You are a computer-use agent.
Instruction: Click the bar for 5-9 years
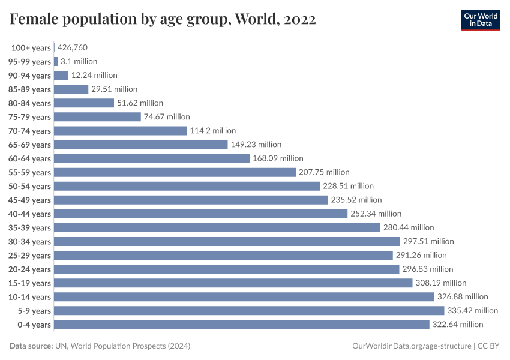[x=249, y=310]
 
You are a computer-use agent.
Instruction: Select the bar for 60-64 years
[x=152, y=158]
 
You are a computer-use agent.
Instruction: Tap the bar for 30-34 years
[x=227, y=241]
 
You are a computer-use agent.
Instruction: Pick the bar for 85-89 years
[x=71, y=89]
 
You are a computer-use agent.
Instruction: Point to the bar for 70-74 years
[x=121, y=131]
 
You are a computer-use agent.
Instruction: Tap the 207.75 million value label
[x=324, y=172]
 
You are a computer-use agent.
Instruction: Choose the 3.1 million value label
[x=79, y=61]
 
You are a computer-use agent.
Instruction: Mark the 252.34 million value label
[x=376, y=214]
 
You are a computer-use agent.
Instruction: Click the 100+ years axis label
[x=31, y=48]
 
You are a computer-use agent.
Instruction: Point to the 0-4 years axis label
[x=34, y=325]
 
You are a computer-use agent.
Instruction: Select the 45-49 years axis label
[x=29, y=200]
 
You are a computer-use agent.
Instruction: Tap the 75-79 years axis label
[x=29, y=118]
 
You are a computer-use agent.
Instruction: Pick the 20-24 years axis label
[x=29, y=269]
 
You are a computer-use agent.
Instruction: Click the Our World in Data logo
[x=480, y=19]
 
